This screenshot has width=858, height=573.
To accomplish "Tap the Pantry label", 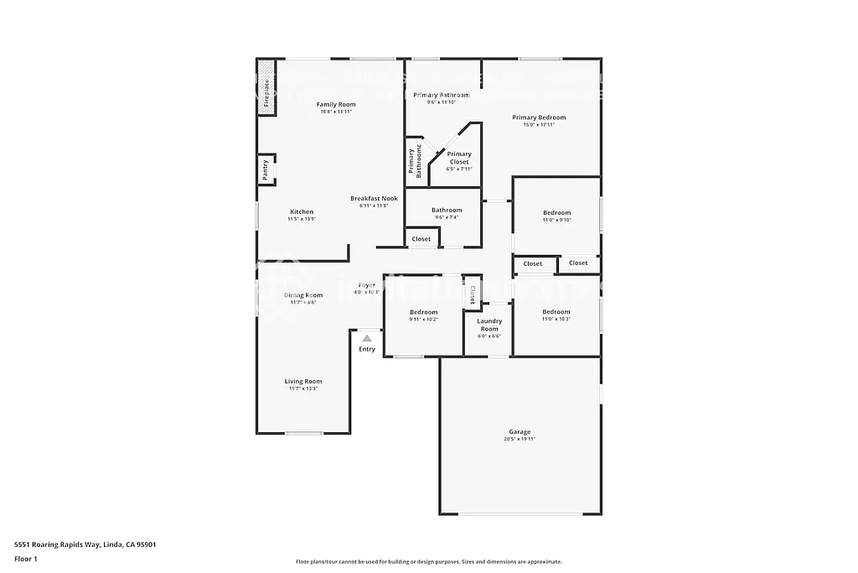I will (x=266, y=170).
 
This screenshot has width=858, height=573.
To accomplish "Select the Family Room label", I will (x=336, y=105).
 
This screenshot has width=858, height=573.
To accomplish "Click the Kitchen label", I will (x=302, y=211).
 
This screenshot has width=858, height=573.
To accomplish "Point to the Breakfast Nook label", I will (x=374, y=199).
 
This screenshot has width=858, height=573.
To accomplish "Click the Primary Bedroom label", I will (x=539, y=117).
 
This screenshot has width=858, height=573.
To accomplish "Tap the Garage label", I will (x=519, y=432).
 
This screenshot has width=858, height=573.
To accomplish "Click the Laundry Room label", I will (x=489, y=324).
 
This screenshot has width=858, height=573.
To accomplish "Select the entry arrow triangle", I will (x=366, y=338).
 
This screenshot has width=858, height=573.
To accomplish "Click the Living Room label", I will (x=302, y=382).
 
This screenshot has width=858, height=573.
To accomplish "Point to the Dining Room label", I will (x=302, y=295).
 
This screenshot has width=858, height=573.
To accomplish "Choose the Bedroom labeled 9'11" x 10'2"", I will (x=423, y=312).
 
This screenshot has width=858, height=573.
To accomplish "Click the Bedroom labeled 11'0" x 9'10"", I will (x=556, y=213).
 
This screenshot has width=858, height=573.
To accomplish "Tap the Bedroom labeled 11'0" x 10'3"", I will (x=556, y=312).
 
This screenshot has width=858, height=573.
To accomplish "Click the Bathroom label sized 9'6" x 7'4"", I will (x=447, y=211).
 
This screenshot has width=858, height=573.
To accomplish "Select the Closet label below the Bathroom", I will (x=421, y=239).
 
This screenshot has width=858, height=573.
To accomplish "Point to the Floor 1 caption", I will (x=26, y=559).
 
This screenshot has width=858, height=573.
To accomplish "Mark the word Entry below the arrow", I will (x=367, y=349).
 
